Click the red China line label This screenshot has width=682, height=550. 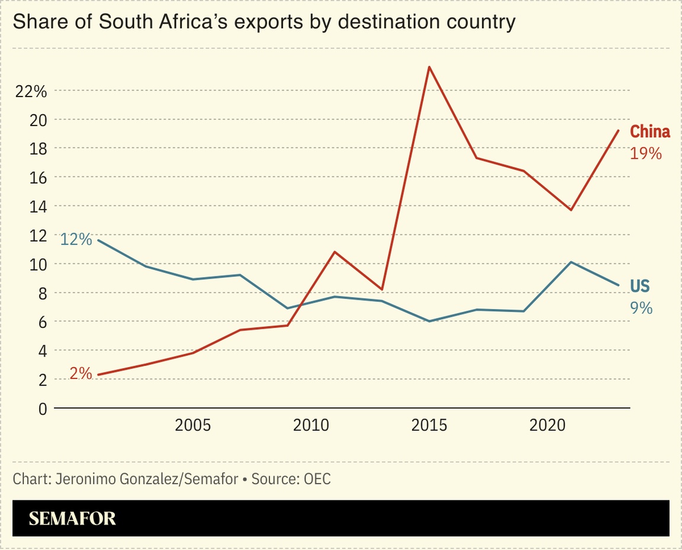[x=649, y=131]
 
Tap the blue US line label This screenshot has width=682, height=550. [x=639, y=287]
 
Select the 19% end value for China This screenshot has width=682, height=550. [x=645, y=153]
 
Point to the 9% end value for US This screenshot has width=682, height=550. [x=641, y=308]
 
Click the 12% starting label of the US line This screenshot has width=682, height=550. [x=76, y=240]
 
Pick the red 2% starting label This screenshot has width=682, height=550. [x=81, y=374]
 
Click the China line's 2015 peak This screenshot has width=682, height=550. [x=429, y=67]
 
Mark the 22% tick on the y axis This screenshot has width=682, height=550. [x=31, y=91]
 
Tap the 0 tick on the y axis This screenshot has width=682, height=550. [x=42, y=409]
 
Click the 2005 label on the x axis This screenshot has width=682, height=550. [x=193, y=426]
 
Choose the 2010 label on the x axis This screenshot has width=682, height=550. [x=311, y=426]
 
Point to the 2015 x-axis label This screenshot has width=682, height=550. [x=429, y=426]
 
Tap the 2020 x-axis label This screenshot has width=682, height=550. [x=547, y=426]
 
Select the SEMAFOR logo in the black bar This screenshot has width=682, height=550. [x=72, y=519]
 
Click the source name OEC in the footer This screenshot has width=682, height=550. [x=317, y=479]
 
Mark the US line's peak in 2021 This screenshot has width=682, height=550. [x=571, y=262]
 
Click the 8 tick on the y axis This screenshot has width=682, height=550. [x=42, y=293]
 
